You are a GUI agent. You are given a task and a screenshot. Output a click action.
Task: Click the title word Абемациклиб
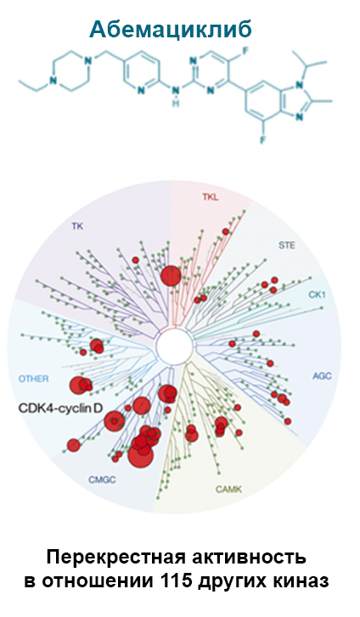click(x=170, y=30)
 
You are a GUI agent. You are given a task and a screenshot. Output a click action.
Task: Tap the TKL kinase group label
click(x=210, y=197)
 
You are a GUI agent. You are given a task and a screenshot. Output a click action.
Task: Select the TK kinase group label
click(x=77, y=227)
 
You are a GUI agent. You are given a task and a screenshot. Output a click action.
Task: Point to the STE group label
click(x=286, y=245)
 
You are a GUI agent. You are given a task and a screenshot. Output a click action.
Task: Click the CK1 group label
click(x=317, y=294)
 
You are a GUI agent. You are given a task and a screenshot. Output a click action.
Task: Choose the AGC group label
click(x=322, y=376)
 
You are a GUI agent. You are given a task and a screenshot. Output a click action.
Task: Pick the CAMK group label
click(x=228, y=490)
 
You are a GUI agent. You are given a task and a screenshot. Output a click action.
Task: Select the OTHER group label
click(x=34, y=379)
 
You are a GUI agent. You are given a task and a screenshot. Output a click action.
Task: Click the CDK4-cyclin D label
click(x=60, y=408)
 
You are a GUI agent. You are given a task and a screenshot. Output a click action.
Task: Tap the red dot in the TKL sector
click(x=225, y=232)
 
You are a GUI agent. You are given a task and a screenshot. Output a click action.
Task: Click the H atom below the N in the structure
click(x=176, y=103)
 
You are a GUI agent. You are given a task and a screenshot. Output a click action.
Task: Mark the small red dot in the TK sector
click(x=136, y=260)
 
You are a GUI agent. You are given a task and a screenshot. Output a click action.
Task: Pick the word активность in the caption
click(x=254, y=558)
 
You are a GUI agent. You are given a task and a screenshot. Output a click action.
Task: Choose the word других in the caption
click(x=232, y=582)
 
